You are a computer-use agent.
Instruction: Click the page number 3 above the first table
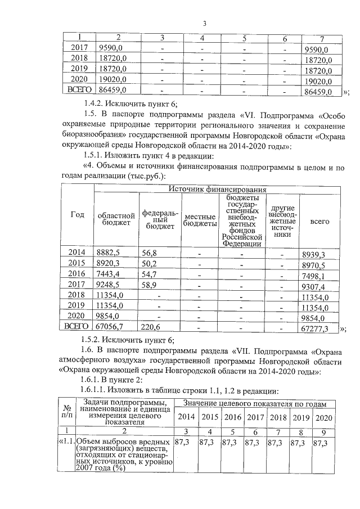[x=205, y=23]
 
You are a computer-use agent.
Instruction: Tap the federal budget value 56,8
[x=150, y=254]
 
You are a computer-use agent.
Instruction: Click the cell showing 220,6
[x=151, y=327]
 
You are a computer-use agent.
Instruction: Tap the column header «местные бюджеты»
[x=201, y=220]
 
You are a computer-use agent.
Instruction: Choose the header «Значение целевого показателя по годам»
[x=256, y=403]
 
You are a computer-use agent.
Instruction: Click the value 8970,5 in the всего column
[x=314, y=264]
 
